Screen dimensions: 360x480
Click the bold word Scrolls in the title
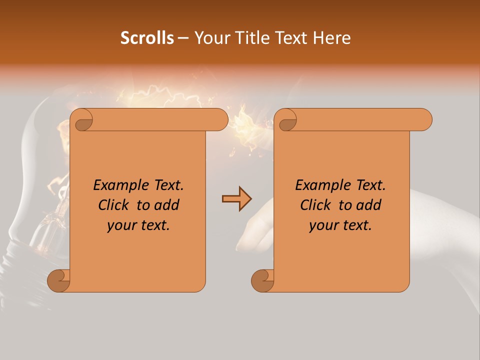tap(147, 38)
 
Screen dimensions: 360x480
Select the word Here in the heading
tap(331, 38)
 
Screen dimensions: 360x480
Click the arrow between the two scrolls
tap(236, 199)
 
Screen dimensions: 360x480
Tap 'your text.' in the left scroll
tap(138, 225)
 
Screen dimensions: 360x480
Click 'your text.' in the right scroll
tap(340, 225)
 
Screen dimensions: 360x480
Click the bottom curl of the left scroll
tap(58, 280)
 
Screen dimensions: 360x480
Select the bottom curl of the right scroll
tap(262, 280)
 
